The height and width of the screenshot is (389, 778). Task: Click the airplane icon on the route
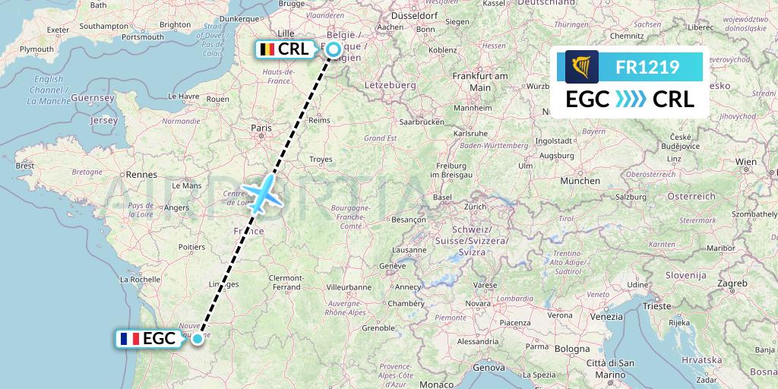pyautogui.click(x=261, y=194)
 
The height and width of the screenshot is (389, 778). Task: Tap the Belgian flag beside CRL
pyautogui.click(x=267, y=49)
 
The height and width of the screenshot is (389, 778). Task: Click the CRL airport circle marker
pyautogui.click(x=333, y=49)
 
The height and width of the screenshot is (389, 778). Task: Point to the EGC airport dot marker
pyautogui.click(x=198, y=338)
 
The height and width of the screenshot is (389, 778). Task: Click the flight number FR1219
pyautogui.click(x=648, y=67)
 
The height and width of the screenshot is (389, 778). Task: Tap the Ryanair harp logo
pyautogui.click(x=582, y=67)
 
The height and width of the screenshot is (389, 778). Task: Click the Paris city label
pyautogui.click(x=261, y=128)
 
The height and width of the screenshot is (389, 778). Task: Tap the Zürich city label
pyautogui.click(x=476, y=207)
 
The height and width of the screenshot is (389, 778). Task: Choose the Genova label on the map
pyautogui.click(x=489, y=367)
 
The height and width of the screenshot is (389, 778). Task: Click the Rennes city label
pyautogui.click(x=141, y=174)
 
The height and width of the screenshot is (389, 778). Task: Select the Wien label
pyautogui.click(x=746, y=162)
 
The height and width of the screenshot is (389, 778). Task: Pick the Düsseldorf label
pyautogui.click(x=415, y=14)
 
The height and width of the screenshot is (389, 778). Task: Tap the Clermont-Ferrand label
pyautogui.click(x=286, y=282)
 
